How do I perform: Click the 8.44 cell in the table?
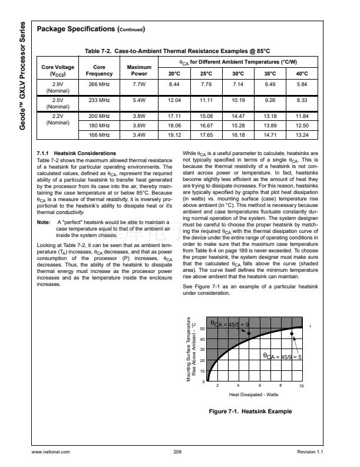coord(174,85)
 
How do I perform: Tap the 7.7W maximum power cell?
coord(139,85)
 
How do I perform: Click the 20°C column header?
coord(174,74)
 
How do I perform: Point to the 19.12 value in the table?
coord(174,135)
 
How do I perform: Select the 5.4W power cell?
coord(139,101)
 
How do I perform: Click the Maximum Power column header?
coord(139,71)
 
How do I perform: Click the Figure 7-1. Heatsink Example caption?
coord(251,411)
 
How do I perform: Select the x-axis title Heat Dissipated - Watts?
coord(253,394)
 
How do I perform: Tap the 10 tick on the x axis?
coord(300,386)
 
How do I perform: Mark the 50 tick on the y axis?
coord(203,328)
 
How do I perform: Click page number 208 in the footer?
coord(177,451)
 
